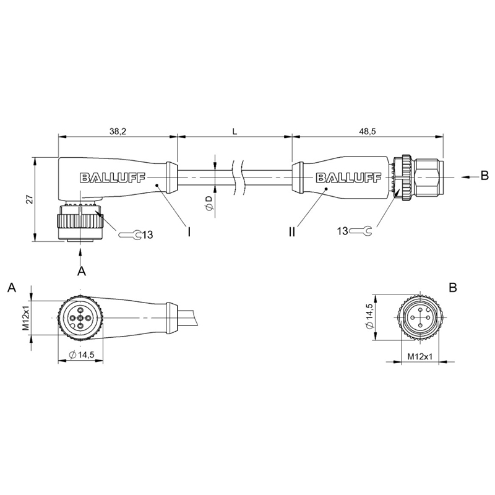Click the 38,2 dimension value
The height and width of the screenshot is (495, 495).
coord(118,131)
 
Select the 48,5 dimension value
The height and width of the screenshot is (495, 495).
coord(368,131)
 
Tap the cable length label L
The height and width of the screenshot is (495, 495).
coord(235,131)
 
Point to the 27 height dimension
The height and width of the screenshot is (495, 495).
coord(29,199)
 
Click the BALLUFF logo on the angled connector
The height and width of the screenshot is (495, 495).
coord(113,178)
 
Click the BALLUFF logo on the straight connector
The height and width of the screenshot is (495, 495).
coord(348,178)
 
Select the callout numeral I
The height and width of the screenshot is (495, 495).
coord(189,233)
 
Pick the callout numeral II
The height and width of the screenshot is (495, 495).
coord(291,232)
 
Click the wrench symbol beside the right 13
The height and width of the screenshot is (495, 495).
coord(361,231)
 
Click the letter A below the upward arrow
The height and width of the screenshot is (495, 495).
coord(82,271)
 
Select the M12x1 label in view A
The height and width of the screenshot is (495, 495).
coord(26,317)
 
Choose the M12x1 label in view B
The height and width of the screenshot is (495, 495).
coord(420,357)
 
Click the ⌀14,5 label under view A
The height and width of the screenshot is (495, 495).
coord(82,355)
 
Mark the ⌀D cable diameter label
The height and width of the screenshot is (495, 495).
coord(209,203)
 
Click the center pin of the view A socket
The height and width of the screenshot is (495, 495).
coord(80,318)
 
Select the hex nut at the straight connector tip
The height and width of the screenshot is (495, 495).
coord(429,177)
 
